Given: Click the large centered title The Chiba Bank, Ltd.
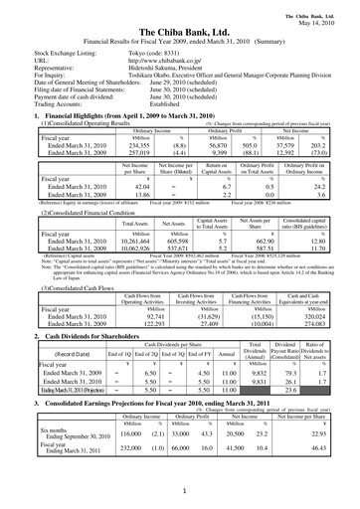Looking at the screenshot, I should pos(179,28).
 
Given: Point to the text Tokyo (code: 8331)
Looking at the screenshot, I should pos(150,52).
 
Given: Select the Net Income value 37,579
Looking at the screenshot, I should pos(287,141).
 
